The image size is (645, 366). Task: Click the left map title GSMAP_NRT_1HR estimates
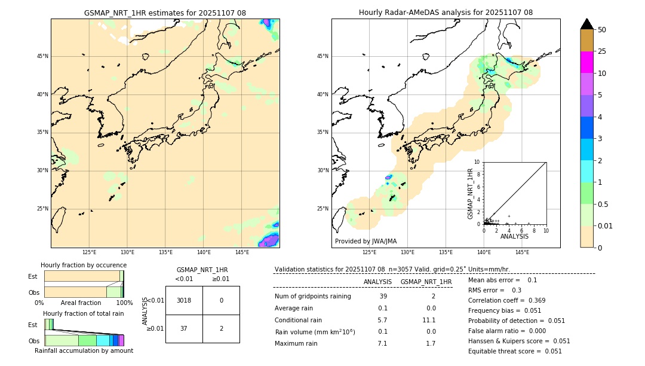click(165, 13)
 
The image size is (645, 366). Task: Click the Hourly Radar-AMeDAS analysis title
click(446, 13)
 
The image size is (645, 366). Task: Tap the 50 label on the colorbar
click(602, 30)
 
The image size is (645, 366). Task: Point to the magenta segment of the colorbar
click(586, 62)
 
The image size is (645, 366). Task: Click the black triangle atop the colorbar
click(586, 24)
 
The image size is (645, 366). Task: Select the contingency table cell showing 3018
click(184, 300)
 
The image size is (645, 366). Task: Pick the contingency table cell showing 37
click(184, 329)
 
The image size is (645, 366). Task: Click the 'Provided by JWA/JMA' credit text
click(365, 241)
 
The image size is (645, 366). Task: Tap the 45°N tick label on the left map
click(42, 56)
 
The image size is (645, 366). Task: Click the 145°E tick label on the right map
click(522, 253)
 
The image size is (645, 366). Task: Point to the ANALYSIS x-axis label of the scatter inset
click(514, 236)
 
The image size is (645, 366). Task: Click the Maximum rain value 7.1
click(382, 343)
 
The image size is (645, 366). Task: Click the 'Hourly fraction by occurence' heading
click(84, 265)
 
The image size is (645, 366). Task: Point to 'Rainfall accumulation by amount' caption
click(84, 350)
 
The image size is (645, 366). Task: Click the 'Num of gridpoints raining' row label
click(312, 296)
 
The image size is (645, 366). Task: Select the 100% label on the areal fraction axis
click(124, 303)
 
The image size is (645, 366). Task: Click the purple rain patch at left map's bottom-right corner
click(271, 240)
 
